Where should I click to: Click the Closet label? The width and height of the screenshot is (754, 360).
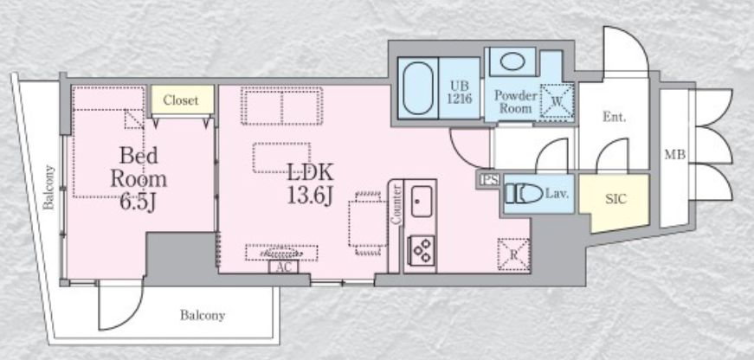coord(180,100)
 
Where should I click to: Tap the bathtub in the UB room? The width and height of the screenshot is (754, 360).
coord(418,88)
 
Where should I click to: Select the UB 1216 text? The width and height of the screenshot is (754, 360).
coord(460,93)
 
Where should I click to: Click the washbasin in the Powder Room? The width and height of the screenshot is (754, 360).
coord(512,61)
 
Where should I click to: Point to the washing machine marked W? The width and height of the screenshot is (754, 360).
coord(557,101)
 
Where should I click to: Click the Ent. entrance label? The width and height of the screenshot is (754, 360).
coord(614,117)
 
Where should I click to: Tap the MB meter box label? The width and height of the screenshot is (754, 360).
coord(675,155)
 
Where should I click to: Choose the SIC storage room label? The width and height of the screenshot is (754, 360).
coord(616,199)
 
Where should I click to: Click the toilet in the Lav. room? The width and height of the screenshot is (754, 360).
coord(524,194)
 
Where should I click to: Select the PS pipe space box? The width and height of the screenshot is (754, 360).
coord(489,180)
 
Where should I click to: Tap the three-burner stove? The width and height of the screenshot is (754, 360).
coord(422,250)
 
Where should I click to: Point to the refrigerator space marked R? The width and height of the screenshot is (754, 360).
coord(513,254)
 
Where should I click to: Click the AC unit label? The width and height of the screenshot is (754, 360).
coord(284,267)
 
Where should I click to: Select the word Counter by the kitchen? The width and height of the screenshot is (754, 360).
coord(396,204)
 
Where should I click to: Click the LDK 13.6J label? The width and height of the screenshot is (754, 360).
coord(310,183)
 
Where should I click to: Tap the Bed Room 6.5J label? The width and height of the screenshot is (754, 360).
coord(139,179)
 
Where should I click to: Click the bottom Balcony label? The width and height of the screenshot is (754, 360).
coord(203,315)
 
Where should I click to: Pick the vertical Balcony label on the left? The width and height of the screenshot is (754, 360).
coord(48,188)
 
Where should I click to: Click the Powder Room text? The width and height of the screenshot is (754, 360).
coord(515,101)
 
